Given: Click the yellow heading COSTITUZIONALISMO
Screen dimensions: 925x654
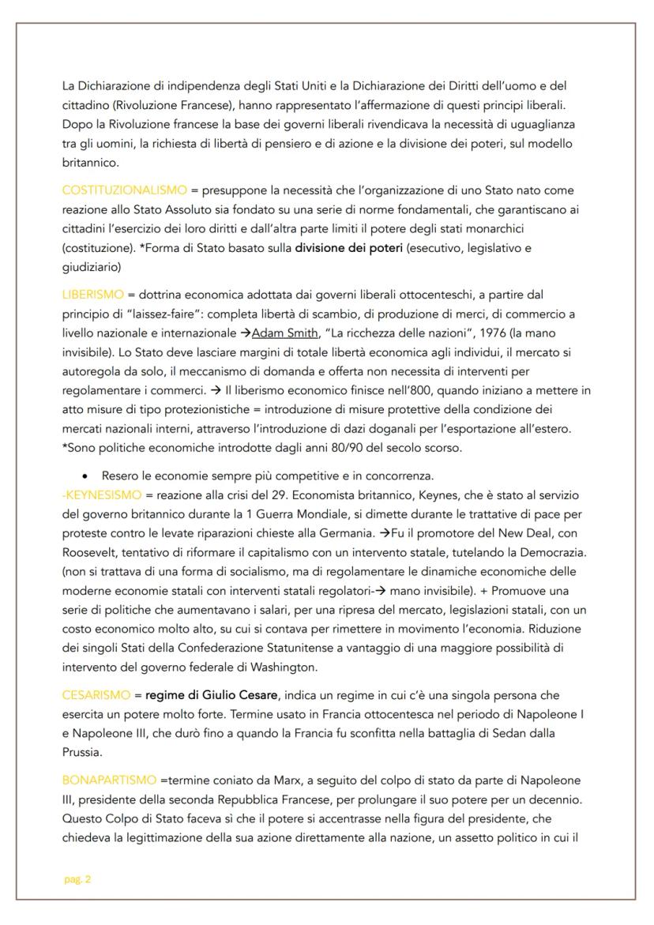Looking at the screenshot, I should [125, 190].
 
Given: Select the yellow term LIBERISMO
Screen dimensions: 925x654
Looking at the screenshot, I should [89, 295].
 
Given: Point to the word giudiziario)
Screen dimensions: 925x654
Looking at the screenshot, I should [92, 265].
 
